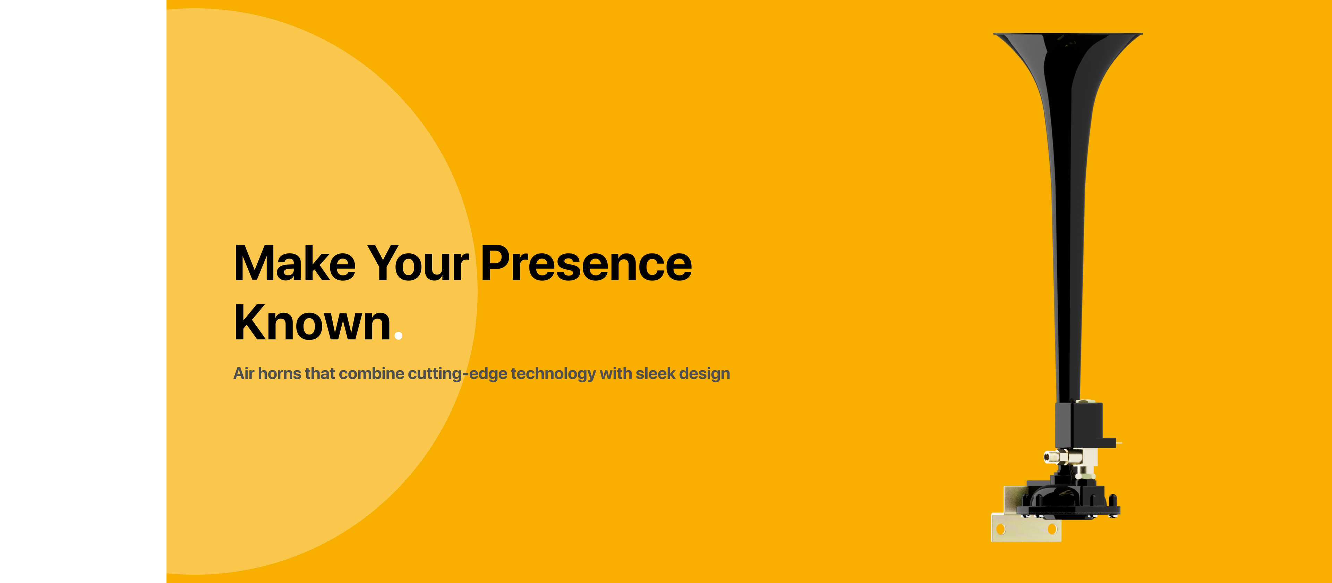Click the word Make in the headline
[295, 263]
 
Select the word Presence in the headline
[586, 263]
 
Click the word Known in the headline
[312, 322]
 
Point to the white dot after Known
[398, 336]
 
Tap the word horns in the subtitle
[279, 373]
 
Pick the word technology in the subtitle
[553, 373]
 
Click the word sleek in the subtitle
[655, 373]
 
